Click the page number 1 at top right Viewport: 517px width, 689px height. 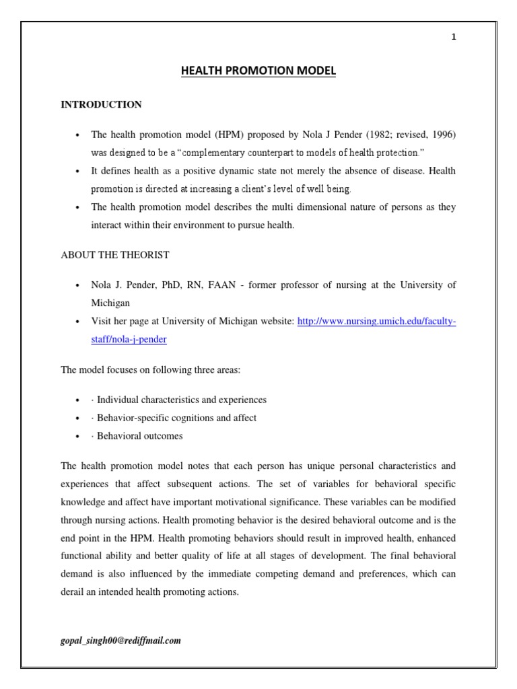[454, 37]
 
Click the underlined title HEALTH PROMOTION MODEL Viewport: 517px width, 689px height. [258, 71]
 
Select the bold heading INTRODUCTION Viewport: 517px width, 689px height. [101, 104]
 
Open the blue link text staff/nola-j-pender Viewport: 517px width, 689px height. [129, 340]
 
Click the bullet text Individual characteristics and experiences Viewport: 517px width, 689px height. [182, 400]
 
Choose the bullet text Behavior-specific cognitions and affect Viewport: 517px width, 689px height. [176, 418]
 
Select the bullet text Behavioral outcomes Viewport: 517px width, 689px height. [139, 436]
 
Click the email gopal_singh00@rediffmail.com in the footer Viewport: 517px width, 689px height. [120, 641]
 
